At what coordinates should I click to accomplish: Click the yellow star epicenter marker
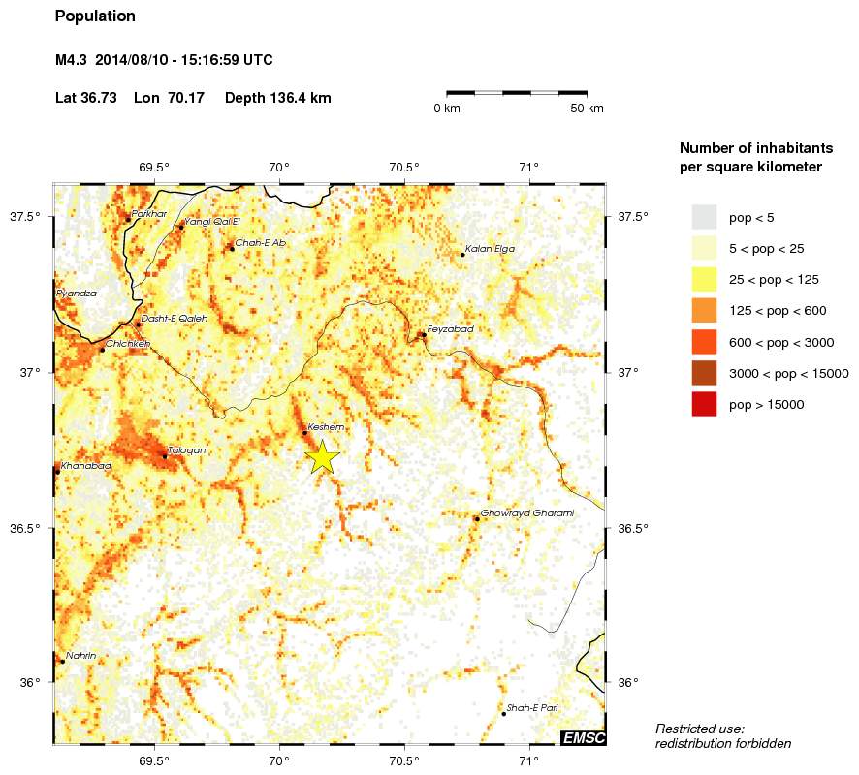point(322,457)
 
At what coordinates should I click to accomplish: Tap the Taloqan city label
point(186,450)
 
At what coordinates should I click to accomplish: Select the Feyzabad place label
point(450,329)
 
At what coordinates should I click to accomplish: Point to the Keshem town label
point(326,427)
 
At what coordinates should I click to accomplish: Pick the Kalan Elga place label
point(490,249)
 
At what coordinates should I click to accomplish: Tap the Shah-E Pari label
point(531,708)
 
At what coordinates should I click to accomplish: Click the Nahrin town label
point(80,656)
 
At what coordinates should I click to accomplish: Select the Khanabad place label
point(85,466)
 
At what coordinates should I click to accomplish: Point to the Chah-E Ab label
point(260,243)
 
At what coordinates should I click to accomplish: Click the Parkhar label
point(149,213)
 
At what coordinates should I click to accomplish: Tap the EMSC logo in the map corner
point(584,738)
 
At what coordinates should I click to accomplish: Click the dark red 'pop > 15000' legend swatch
point(704,405)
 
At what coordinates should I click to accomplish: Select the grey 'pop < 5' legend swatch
point(704,217)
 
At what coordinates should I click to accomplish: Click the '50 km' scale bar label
point(588,108)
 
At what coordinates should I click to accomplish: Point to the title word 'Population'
point(95,16)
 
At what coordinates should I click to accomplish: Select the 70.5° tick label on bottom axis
point(403,759)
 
